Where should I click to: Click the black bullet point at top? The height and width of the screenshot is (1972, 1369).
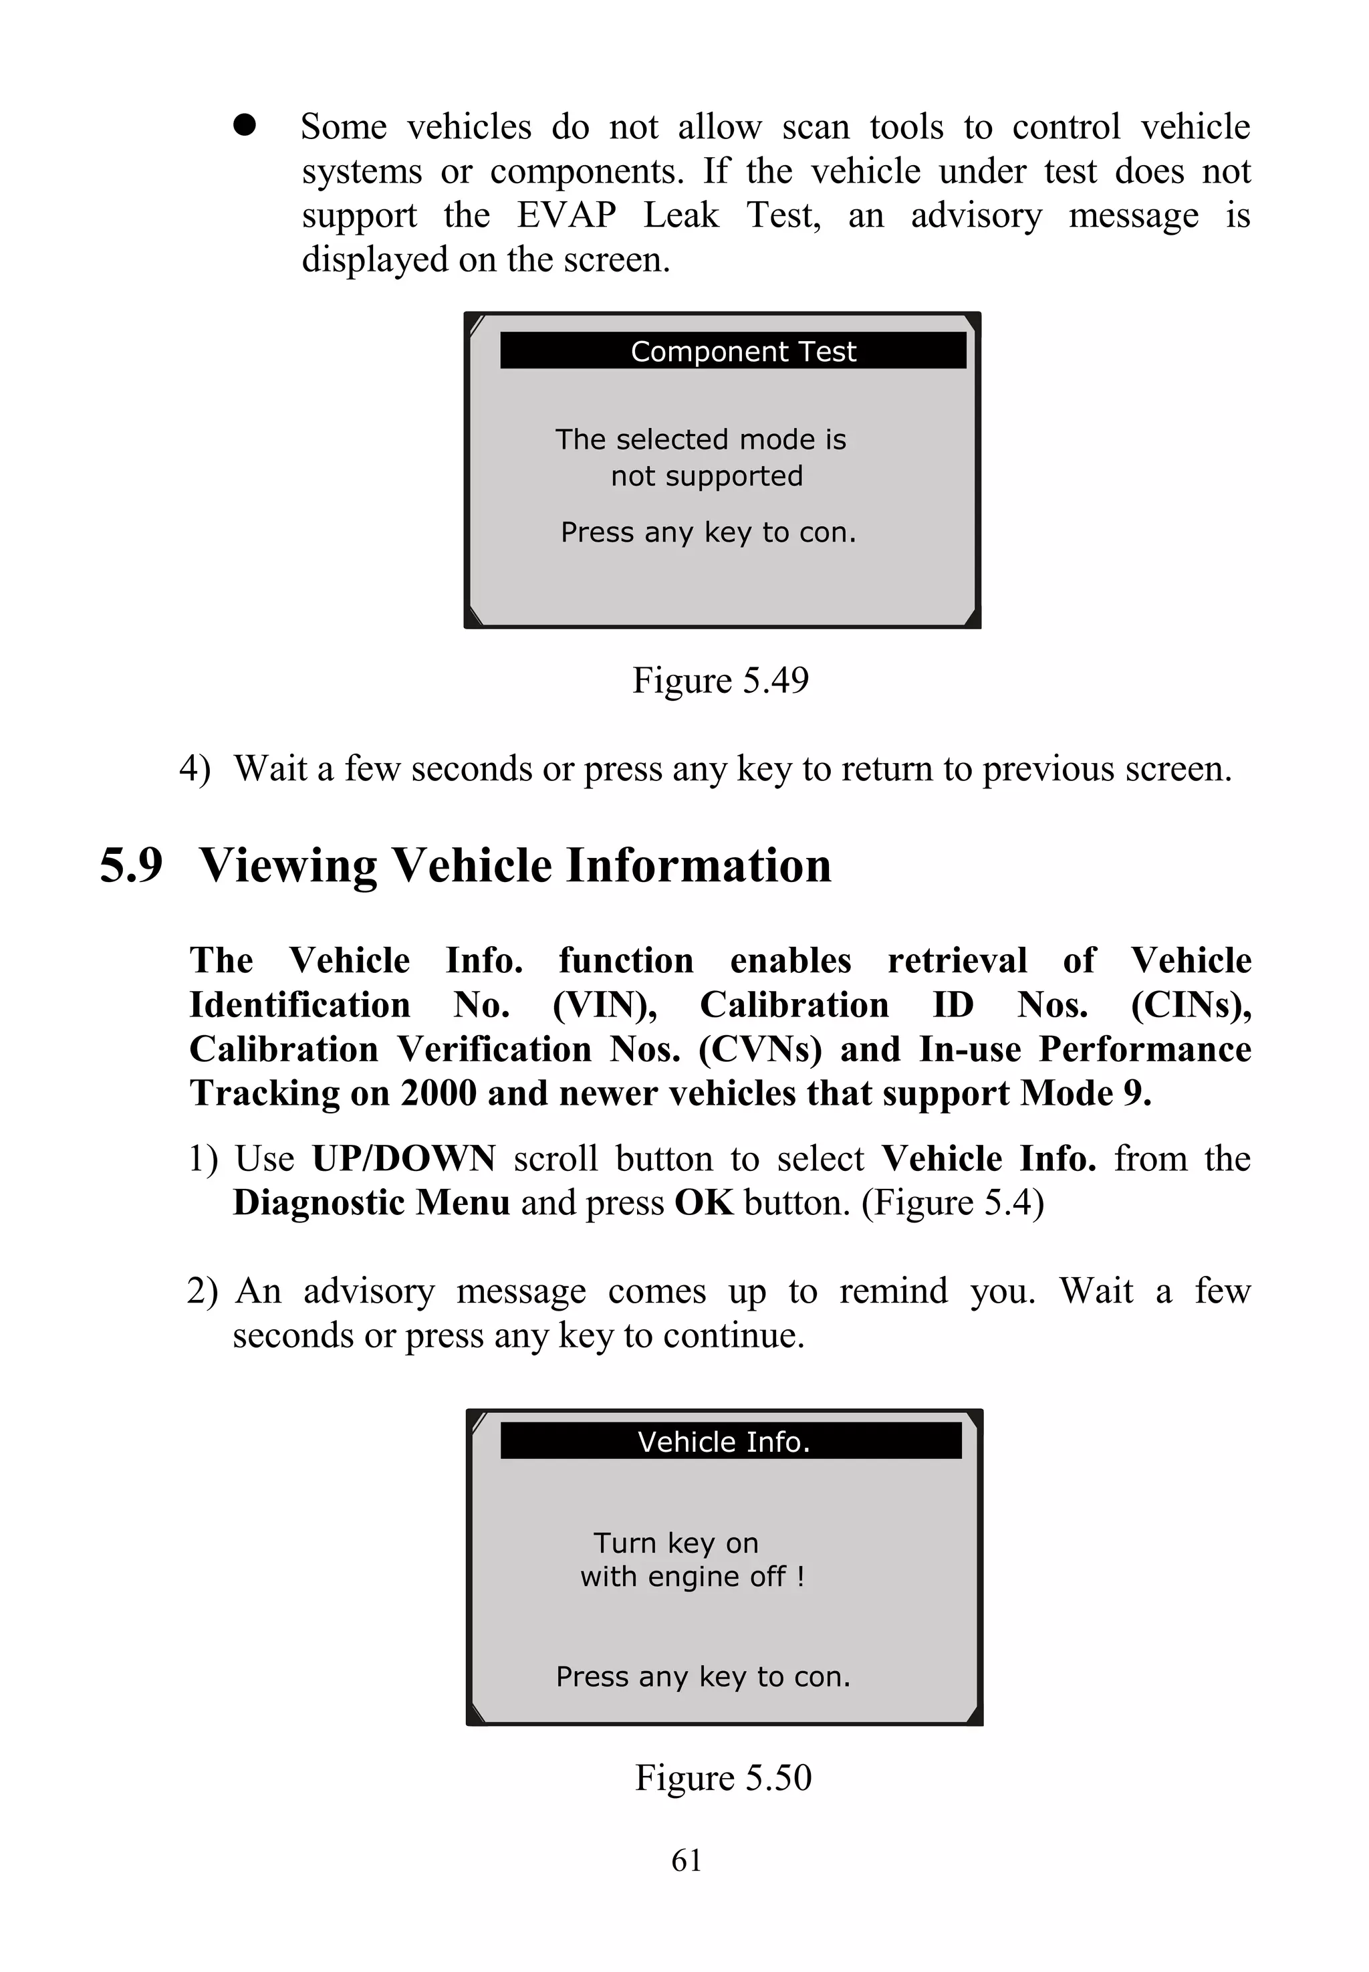point(245,125)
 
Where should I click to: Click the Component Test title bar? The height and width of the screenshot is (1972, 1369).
point(733,351)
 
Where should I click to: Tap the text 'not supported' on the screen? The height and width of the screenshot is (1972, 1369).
point(707,475)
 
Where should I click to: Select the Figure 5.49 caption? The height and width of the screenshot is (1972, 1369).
point(721,681)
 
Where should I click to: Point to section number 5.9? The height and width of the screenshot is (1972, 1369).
point(131,865)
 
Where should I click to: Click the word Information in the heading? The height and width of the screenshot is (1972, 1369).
point(699,865)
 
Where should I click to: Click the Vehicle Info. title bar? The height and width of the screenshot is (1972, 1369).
point(730,1441)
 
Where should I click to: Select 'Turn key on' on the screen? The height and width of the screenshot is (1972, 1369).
point(676,1543)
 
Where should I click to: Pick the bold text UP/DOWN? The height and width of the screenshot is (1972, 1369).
point(403,1158)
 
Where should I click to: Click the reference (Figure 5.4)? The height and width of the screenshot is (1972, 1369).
point(952,1203)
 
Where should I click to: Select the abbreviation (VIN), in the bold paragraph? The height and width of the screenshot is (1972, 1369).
point(605,1005)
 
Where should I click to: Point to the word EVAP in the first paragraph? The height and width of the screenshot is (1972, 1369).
point(566,215)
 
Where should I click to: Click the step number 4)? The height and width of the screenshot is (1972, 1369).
point(194,769)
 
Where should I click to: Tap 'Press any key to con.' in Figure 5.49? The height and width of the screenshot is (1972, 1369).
point(708,532)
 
